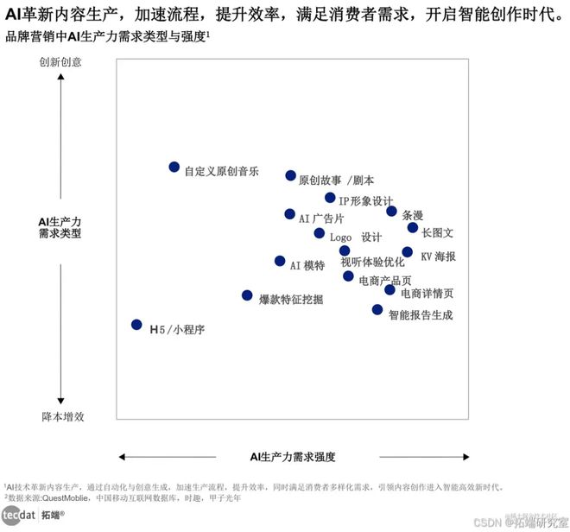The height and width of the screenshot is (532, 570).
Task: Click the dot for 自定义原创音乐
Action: [174, 167]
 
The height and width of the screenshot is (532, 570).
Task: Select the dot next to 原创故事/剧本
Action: [290, 175]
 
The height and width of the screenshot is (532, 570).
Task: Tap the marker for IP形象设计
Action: [330, 198]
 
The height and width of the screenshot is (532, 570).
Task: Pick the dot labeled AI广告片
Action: [289, 214]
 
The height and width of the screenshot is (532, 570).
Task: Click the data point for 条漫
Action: [391, 211]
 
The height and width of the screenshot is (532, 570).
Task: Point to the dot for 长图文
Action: [413, 228]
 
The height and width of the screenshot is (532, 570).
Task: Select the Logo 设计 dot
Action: [320, 233]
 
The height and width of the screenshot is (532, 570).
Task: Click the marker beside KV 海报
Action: [408, 252]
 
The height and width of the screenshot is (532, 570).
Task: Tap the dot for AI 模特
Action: [280, 261]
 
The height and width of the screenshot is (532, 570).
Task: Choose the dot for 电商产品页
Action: [348, 276]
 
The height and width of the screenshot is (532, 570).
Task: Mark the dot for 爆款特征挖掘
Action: [247, 295]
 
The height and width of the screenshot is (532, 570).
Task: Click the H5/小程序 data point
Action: [136, 325]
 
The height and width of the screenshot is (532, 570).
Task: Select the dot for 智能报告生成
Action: [377, 309]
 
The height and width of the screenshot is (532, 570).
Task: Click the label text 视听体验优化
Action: [372, 262]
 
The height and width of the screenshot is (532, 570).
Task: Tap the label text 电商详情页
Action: [427, 293]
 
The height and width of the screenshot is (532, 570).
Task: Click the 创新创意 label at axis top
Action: [60, 62]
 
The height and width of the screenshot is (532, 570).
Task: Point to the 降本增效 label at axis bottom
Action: [63, 416]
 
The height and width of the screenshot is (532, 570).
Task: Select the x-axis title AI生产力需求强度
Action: [293, 456]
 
